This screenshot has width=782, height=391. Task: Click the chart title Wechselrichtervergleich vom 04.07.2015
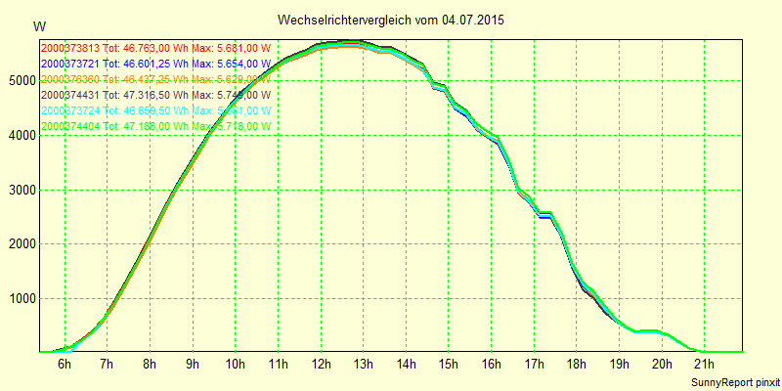(x=391, y=20)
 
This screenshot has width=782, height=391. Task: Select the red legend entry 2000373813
(x=154, y=48)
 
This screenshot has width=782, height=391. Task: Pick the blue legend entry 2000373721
(x=154, y=64)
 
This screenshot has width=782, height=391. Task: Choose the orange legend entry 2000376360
(x=154, y=79)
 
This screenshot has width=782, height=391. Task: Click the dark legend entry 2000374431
(x=154, y=95)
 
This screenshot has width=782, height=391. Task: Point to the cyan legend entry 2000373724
(x=154, y=110)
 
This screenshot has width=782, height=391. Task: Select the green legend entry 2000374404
(x=154, y=126)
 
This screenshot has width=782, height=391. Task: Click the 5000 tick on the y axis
(x=20, y=81)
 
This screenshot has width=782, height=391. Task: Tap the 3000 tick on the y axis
(x=20, y=190)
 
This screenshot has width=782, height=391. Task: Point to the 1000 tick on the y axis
(x=20, y=298)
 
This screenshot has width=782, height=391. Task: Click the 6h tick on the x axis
(x=65, y=365)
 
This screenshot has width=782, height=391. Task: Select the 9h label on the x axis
(x=193, y=365)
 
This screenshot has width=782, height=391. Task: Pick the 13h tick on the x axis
(x=363, y=365)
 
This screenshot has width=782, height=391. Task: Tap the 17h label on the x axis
(x=534, y=365)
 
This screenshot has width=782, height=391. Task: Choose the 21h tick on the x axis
(x=705, y=365)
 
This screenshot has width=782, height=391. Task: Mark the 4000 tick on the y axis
(x=20, y=135)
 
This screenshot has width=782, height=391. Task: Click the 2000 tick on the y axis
(x=20, y=243)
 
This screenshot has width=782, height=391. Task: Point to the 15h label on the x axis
(x=449, y=365)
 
